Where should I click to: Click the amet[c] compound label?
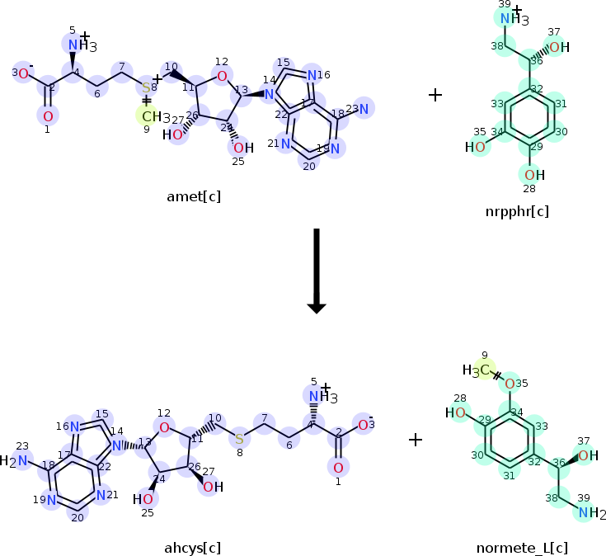[x=193, y=196]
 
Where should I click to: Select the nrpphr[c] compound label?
[x=517, y=212]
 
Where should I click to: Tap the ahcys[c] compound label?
[x=193, y=547]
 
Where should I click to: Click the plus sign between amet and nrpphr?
[x=435, y=95]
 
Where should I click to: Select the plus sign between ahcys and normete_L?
[x=416, y=440]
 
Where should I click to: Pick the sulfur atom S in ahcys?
[x=239, y=438]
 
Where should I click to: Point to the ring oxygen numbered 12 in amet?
[x=220, y=77]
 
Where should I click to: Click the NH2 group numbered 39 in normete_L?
[x=588, y=514]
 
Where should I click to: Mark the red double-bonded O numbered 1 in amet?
[x=48, y=116]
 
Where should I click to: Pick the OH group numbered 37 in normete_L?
[x=586, y=455]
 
